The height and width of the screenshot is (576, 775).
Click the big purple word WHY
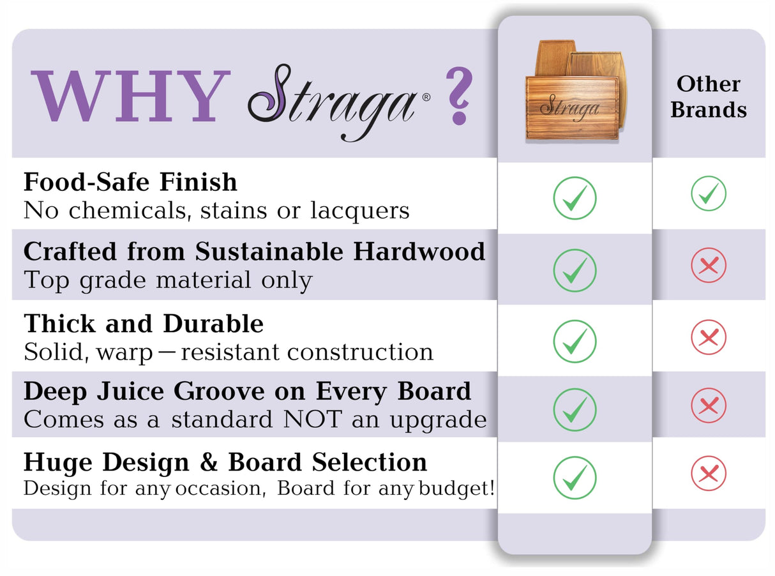(x=130, y=96)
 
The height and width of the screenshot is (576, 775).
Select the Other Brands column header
(x=708, y=96)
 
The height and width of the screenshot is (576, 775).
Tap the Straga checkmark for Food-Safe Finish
(x=575, y=198)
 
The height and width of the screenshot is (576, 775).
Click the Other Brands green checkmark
(x=708, y=193)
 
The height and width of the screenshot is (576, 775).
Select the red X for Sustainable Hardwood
(x=708, y=265)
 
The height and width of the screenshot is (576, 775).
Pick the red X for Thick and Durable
(x=708, y=337)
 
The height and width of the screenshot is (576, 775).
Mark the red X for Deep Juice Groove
(x=708, y=405)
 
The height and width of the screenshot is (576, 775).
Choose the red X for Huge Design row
(x=708, y=474)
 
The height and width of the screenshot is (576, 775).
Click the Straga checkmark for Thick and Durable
(x=575, y=342)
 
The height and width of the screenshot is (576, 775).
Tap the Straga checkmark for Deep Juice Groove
(x=575, y=409)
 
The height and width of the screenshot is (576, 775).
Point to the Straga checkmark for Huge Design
(x=575, y=477)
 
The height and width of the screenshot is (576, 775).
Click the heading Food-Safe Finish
(x=130, y=183)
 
